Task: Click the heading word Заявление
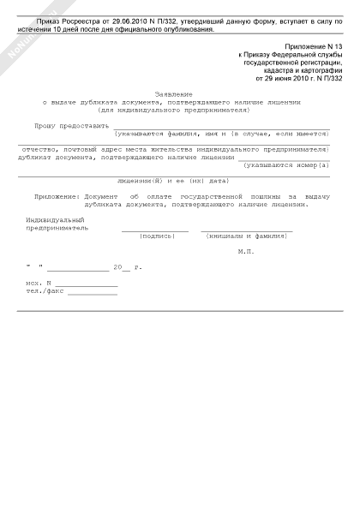[x=174, y=93]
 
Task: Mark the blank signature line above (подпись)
[x=155, y=230]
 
